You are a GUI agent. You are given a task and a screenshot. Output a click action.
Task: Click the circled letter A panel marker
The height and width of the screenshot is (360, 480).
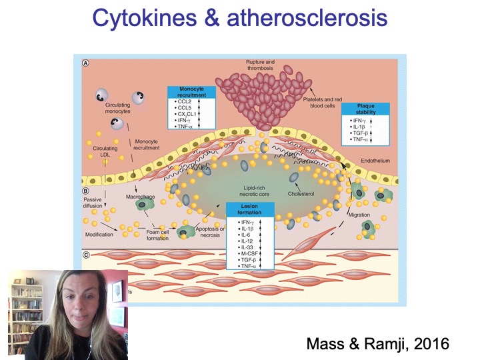[86, 63]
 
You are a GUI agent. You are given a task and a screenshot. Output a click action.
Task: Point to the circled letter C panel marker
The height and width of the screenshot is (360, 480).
[86, 254]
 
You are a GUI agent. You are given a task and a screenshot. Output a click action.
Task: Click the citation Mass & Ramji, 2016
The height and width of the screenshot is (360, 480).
[377, 344]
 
